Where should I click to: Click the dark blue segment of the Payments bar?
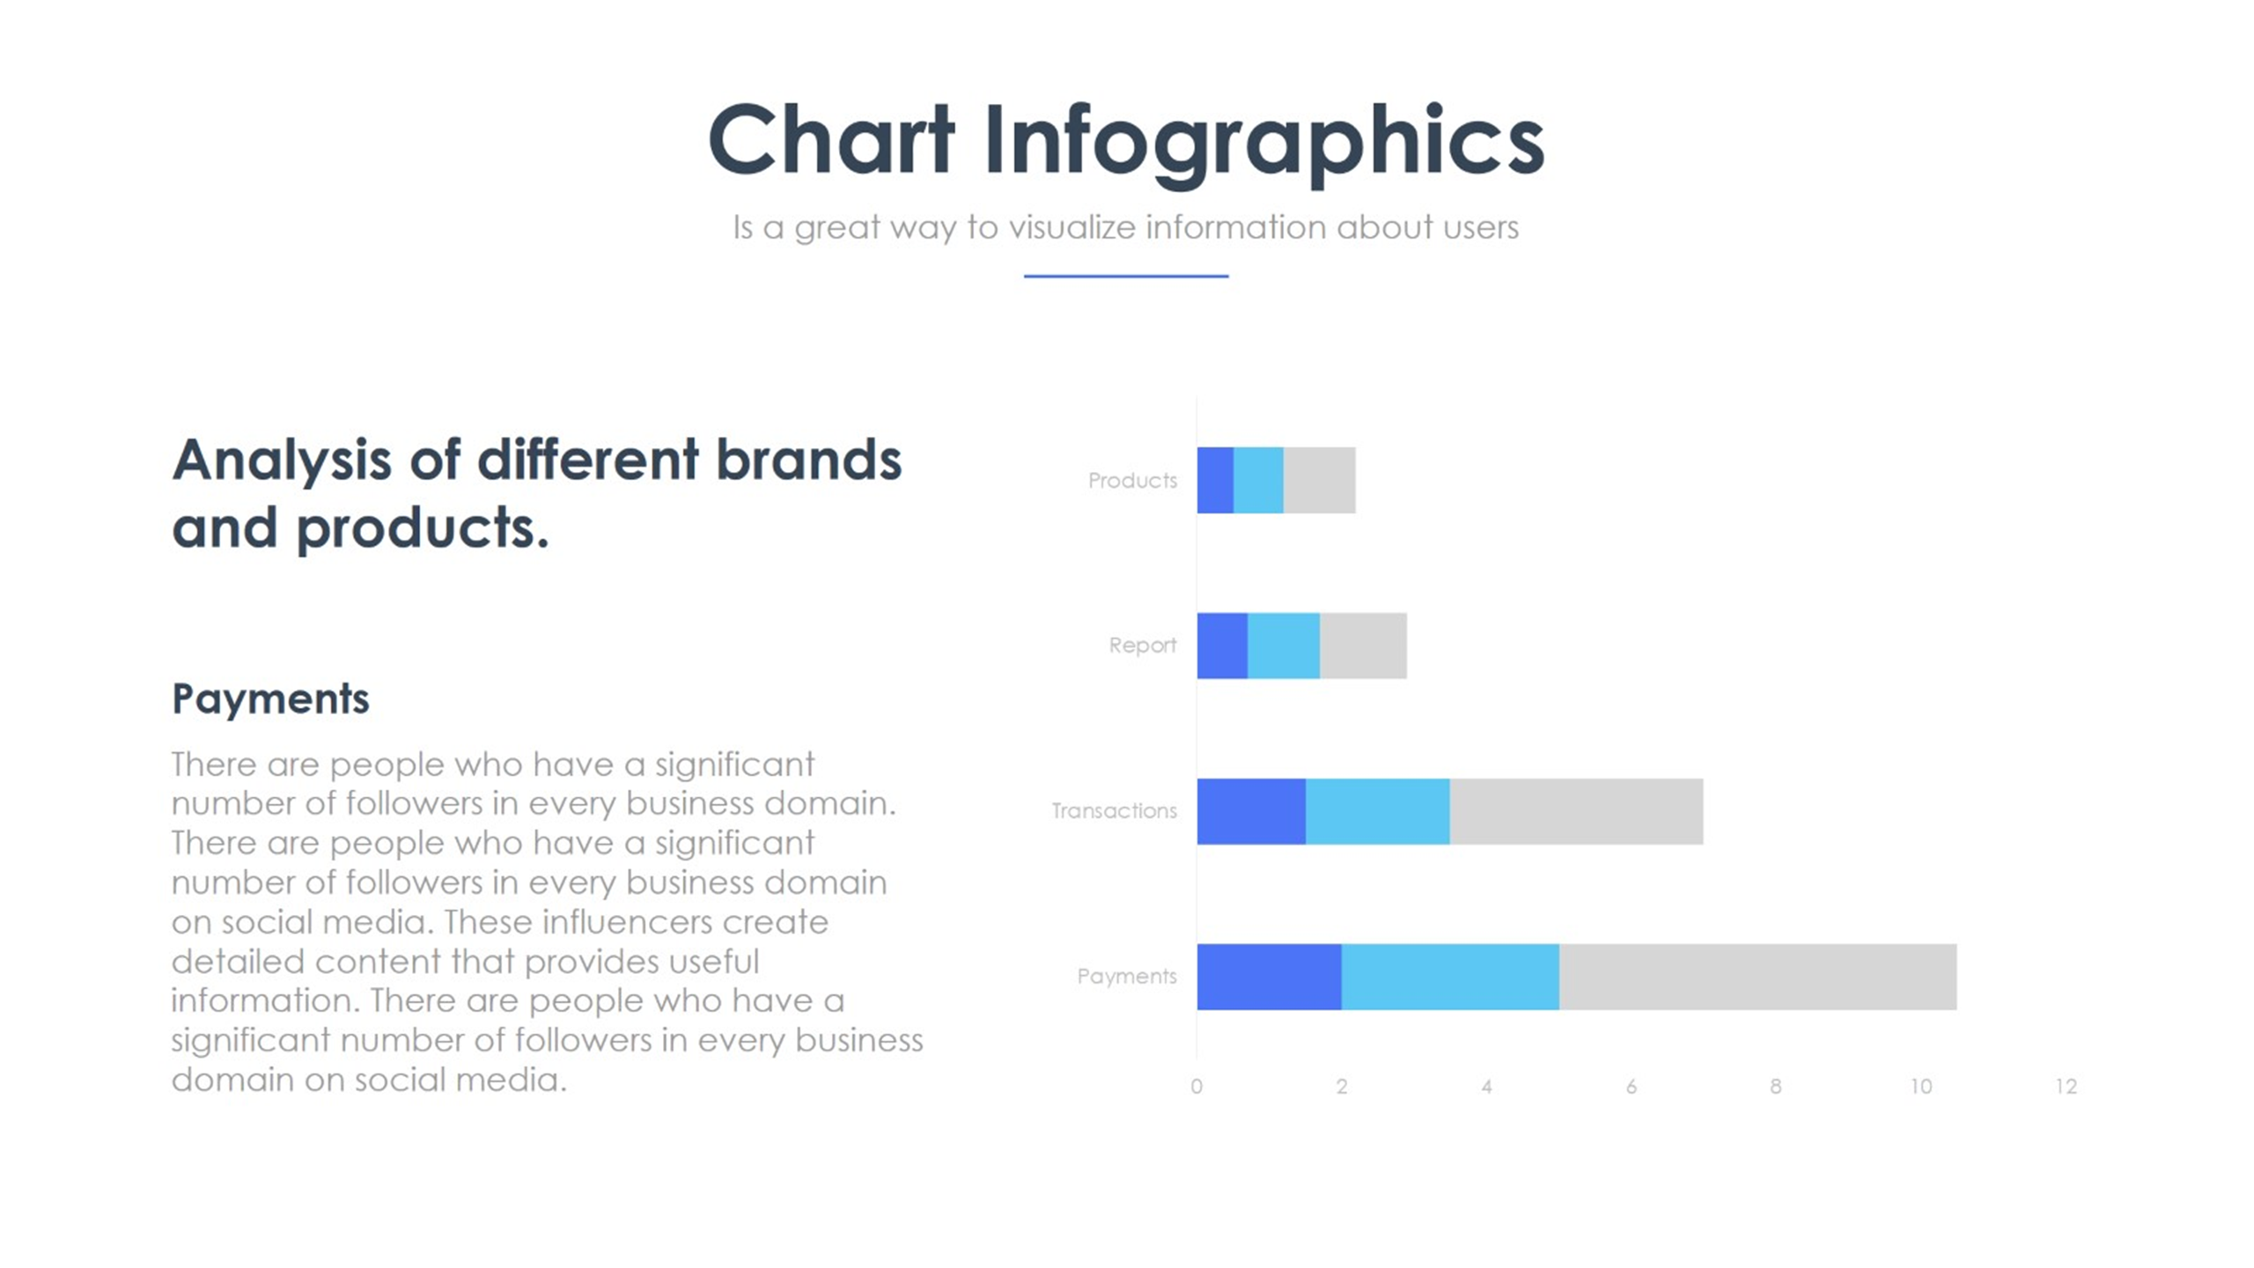1269,977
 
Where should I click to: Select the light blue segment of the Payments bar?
1450,977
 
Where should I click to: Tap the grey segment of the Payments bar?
1757,977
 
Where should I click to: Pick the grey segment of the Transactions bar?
1576,811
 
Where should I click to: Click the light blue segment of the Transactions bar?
1378,811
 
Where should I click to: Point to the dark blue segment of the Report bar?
1222,645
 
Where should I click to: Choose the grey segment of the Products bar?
1320,480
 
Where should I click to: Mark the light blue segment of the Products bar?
1258,480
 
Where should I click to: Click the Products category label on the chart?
1132,480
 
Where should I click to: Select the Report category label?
1143,645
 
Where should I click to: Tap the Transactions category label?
1114,811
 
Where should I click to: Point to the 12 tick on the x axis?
2066,1087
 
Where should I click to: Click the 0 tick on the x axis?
1197,1087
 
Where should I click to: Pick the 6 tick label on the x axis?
1632,1087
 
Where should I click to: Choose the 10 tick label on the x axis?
1921,1087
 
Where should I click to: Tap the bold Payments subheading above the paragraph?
270,700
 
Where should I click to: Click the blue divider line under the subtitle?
1126,276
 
